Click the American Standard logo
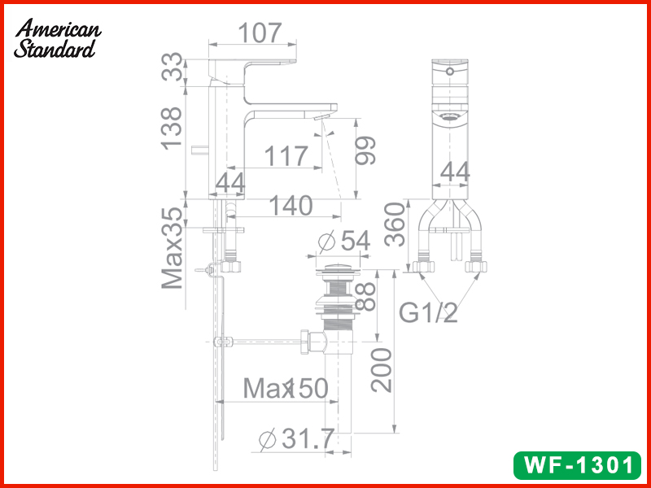point(57,38)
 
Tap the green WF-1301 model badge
point(578,465)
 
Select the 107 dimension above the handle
point(260,33)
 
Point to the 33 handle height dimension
point(172,67)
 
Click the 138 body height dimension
point(172,129)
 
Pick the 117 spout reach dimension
point(286,156)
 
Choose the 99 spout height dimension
point(365,150)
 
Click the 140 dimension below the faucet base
point(291,206)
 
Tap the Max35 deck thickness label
point(173,248)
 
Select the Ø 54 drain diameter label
point(343,241)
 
